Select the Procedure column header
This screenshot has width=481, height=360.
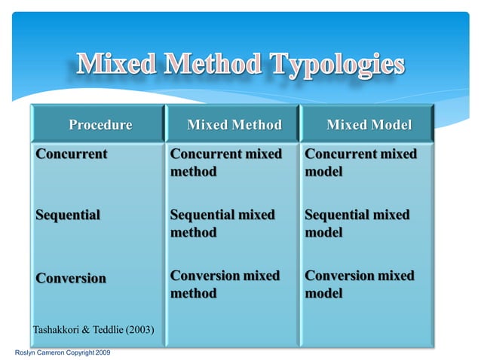click(x=100, y=124)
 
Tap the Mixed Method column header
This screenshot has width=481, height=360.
click(x=234, y=124)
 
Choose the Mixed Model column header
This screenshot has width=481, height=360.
click(x=369, y=124)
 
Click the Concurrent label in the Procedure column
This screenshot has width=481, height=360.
click(x=72, y=154)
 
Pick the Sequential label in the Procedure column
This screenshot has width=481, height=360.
click(x=68, y=215)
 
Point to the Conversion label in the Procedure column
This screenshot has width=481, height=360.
click(x=72, y=278)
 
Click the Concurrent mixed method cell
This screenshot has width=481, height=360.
click(x=225, y=163)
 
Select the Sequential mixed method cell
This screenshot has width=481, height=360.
click(x=222, y=224)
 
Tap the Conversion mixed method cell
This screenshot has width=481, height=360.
click(x=225, y=284)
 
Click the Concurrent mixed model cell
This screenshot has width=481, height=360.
click(x=360, y=163)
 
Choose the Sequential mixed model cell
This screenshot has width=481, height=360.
click(x=357, y=224)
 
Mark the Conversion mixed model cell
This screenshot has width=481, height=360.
click(x=360, y=284)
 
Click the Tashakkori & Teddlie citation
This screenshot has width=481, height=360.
click(x=93, y=329)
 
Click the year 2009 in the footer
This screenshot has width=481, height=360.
click(x=103, y=352)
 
